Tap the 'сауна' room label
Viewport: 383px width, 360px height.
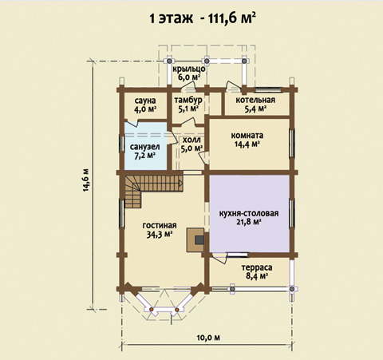pos(145,101)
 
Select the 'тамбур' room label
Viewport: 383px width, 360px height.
pos(188,100)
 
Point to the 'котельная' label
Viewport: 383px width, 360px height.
pos(255,100)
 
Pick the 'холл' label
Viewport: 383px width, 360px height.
pos(191,140)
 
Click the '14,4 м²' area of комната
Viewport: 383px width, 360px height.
pos(247,144)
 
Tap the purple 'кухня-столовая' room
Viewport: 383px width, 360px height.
pos(249,213)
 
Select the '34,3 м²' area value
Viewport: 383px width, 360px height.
pos(160,234)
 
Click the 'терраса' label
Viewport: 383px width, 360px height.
pos(257,267)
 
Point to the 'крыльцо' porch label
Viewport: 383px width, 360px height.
pos(189,69)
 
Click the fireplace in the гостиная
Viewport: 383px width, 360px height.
pos(195,239)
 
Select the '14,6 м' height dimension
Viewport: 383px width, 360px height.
pos(86,180)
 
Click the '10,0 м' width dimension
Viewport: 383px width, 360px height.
pos(208,338)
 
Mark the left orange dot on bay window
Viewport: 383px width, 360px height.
pos(151,310)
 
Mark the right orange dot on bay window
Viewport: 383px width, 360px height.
pos(177,310)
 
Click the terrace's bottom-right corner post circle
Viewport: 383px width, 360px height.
pos(292,289)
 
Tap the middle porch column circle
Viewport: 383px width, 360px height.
pos(207,61)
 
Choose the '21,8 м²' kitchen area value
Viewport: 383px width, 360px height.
pos(249,222)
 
